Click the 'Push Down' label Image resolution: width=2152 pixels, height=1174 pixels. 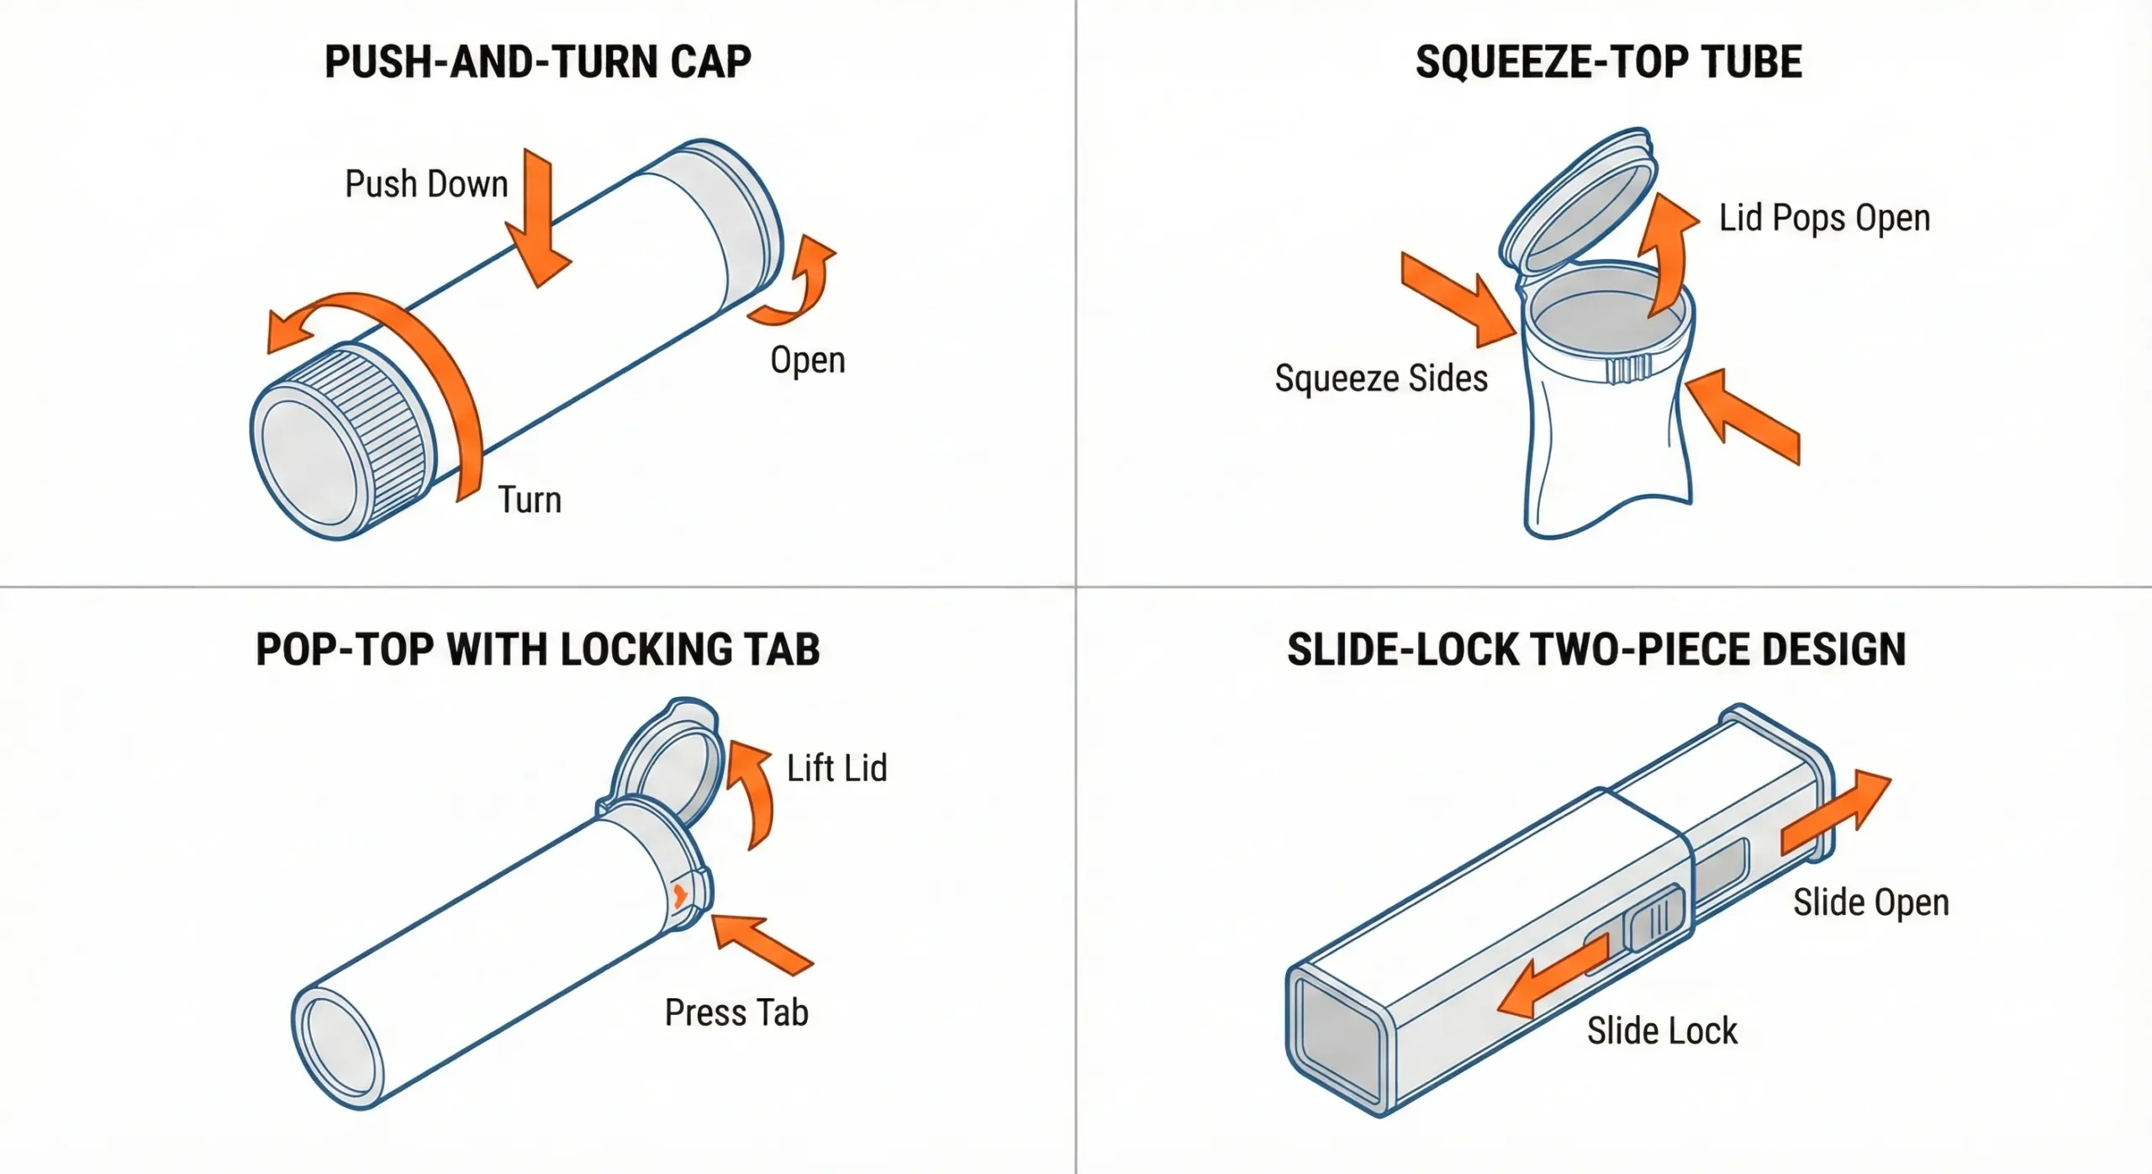(x=426, y=184)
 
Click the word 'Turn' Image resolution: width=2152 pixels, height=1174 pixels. (x=530, y=500)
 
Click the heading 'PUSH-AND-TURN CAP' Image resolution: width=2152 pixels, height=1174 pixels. (x=538, y=62)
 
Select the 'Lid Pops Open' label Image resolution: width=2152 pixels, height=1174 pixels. (x=1824, y=218)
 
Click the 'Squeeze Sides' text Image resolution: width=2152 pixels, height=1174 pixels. (x=1381, y=378)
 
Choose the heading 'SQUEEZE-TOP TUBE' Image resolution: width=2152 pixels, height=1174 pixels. (x=1608, y=62)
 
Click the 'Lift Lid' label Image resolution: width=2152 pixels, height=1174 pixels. (x=836, y=768)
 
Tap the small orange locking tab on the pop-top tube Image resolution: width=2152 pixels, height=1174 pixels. (x=680, y=896)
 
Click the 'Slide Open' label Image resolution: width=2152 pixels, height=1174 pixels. (x=1870, y=902)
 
